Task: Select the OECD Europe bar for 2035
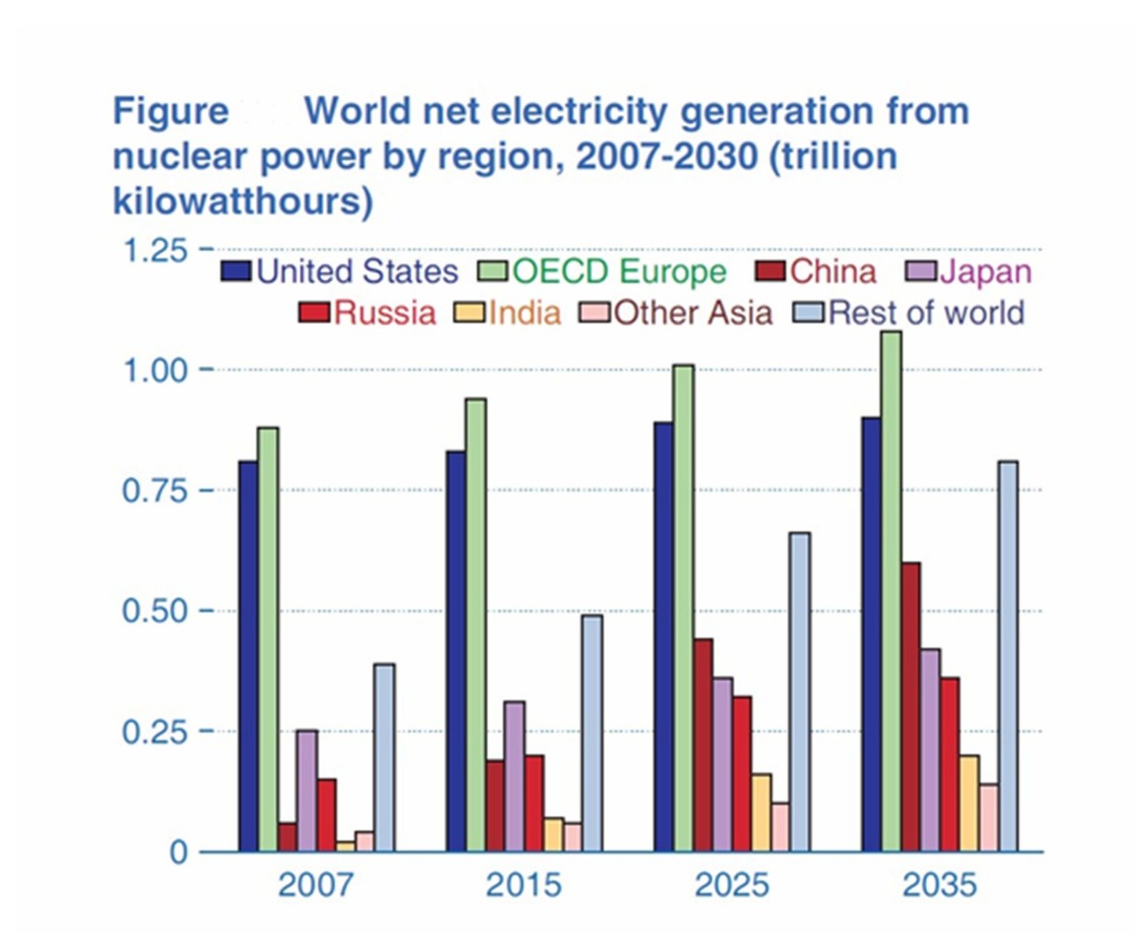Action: (x=890, y=592)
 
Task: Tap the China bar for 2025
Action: (x=702, y=745)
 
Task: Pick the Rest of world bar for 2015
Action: (x=592, y=733)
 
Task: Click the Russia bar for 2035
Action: (x=949, y=765)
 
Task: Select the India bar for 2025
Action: (x=761, y=813)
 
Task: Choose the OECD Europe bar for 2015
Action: (x=475, y=625)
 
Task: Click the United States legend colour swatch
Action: (x=236, y=272)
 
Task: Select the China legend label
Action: (x=833, y=272)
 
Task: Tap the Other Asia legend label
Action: (x=693, y=312)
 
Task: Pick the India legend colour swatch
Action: (x=470, y=312)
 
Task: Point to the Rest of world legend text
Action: (x=926, y=312)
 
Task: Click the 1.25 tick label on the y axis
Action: (x=155, y=250)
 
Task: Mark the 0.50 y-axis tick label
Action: (x=155, y=612)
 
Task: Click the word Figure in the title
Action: (x=170, y=112)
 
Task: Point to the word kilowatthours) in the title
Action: (x=243, y=201)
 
